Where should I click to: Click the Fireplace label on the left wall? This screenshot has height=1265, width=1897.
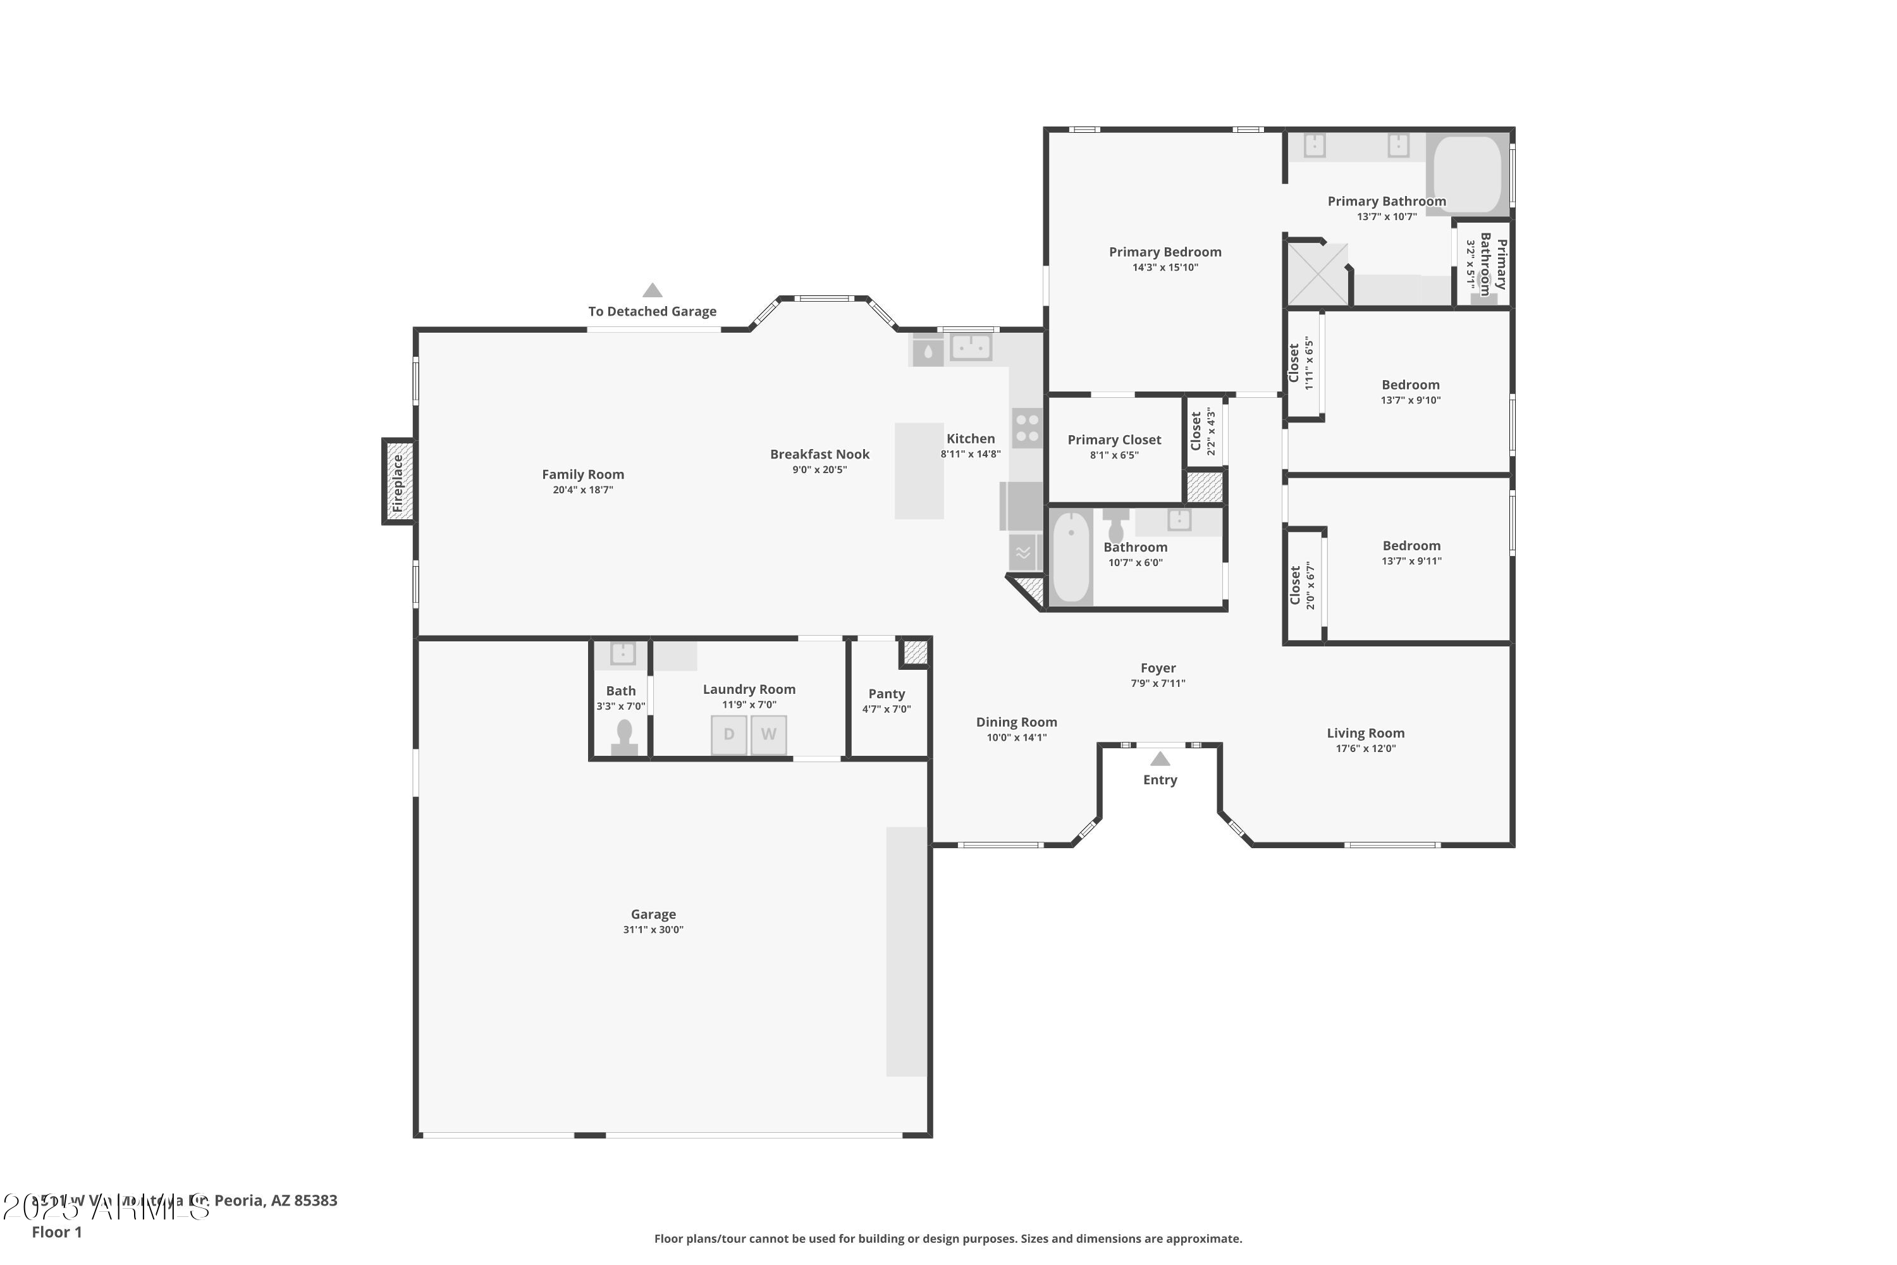pyautogui.click(x=398, y=483)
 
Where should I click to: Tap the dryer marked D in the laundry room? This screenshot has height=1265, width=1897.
pyautogui.click(x=728, y=734)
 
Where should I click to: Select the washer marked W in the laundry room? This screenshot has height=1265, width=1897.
pyautogui.click(x=769, y=734)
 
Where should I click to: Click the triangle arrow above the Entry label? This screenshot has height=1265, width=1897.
pyautogui.click(x=1160, y=759)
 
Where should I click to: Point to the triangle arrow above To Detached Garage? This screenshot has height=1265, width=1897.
pyautogui.click(x=653, y=290)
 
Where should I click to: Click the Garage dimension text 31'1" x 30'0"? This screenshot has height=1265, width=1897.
pyautogui.click(x=653, y=929)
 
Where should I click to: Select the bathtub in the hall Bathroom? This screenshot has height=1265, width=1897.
pyautogui.click(x=1071, y=557)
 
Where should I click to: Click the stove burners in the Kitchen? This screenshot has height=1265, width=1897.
pyautogui.click(x=1027, y=428)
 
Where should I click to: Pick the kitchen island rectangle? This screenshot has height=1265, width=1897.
pyautogui.click(x=919, y=471)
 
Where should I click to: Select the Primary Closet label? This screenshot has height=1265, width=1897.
pyautogui.click(x=1114, y=440)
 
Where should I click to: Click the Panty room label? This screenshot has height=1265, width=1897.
pyautogui.click(x=887, y=694)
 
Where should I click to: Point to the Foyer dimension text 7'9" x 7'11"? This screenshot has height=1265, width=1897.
pyautogui.click(x=1157, y=683)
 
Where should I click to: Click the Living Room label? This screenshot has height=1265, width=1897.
pyautogui.click(x=1365, y=732)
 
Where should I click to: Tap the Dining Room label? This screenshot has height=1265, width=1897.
pyautogui.click(x=1016, y=722)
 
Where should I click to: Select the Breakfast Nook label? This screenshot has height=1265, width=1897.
pyautogui.click(x=820, y=454)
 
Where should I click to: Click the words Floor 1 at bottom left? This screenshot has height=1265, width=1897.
pyautogui.click(x=56, y=1232)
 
